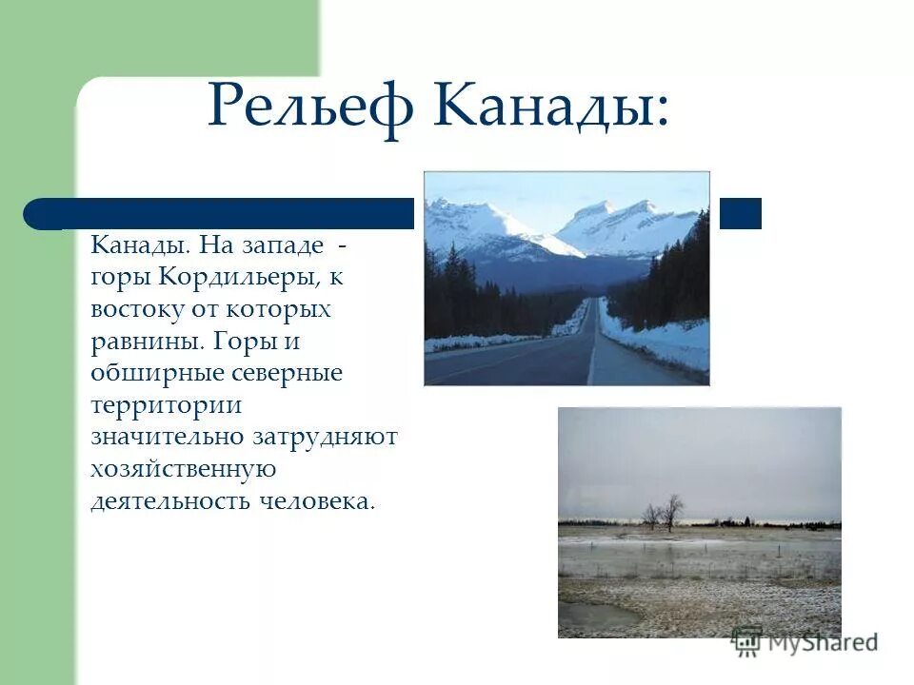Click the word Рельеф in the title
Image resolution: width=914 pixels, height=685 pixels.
point(310,107)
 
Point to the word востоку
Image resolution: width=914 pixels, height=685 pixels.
point(134,309)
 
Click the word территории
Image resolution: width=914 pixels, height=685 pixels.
point(166,404)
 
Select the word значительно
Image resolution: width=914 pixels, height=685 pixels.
point(169,437)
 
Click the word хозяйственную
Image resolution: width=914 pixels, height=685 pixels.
point(183,469)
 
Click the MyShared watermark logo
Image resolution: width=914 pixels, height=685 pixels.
point(805,642)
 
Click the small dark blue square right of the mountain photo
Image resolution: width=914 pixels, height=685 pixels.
point(740,213)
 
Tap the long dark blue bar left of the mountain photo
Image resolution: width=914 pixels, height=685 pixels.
point(219,213)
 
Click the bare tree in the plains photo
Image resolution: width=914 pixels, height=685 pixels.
point(672,511)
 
